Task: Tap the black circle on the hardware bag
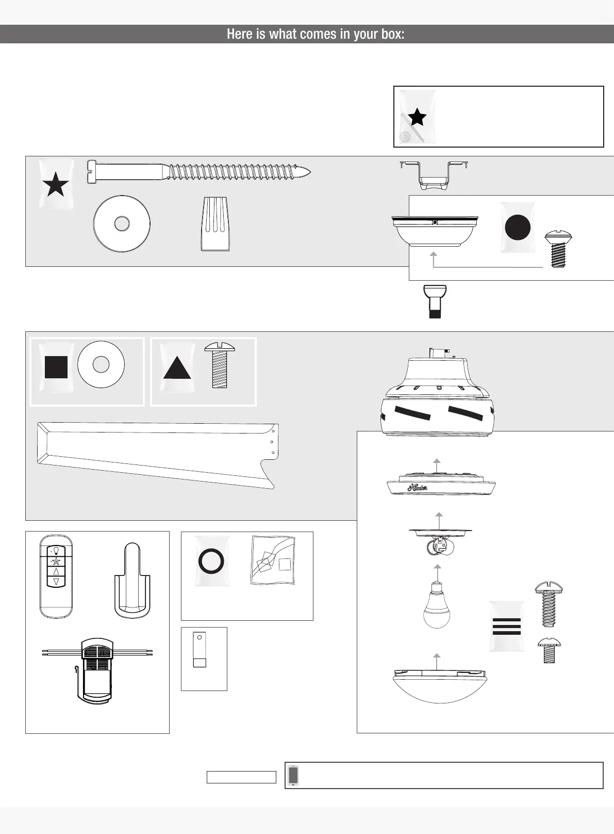click(518, 228)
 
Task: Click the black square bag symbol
click(56, 367)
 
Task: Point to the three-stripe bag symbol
click(507, 626)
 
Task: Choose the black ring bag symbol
click(211, 560)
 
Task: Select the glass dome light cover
click(439, 686)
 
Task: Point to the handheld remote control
click(56, 576)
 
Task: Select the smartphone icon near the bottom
click(293, 775)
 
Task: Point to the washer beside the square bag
click(101, 364)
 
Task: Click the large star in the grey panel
click(56, 185)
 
